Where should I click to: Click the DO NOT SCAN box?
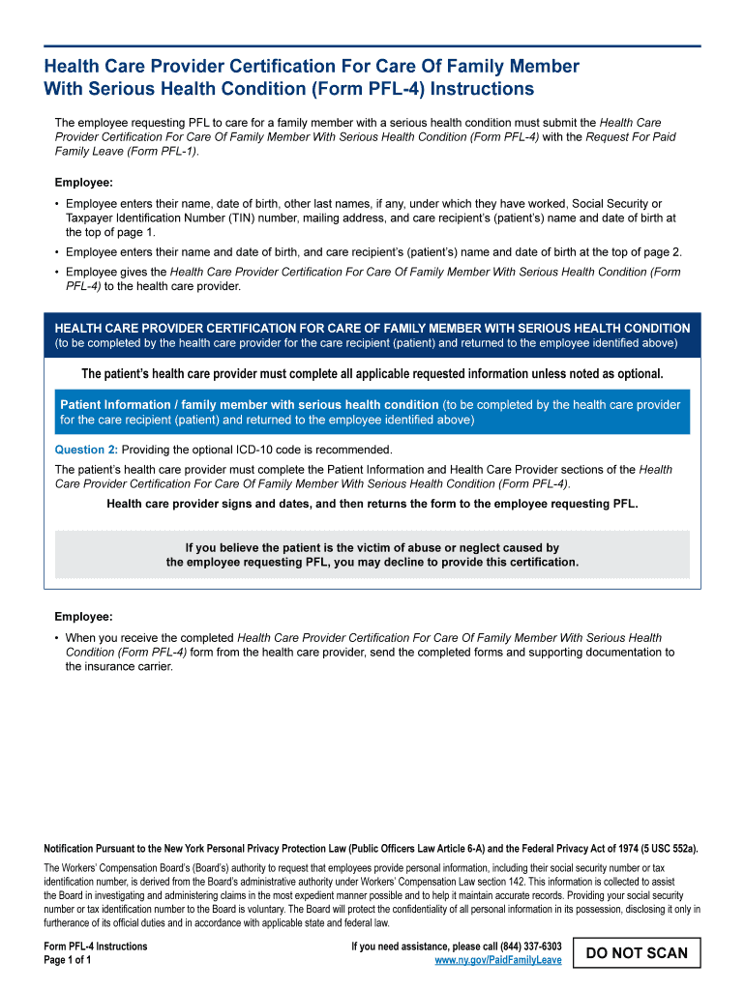click(x=637, y=952)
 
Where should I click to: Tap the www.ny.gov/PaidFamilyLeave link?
click(x=498, y=960)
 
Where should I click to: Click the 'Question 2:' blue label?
click(x=86, y=450)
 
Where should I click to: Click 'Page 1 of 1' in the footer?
click(x=68, y=960)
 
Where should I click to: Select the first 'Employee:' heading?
click(x=83, y=183)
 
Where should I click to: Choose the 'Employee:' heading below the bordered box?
click(x=83, y=616)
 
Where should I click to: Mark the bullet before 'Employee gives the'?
click(x=57, y=273)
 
